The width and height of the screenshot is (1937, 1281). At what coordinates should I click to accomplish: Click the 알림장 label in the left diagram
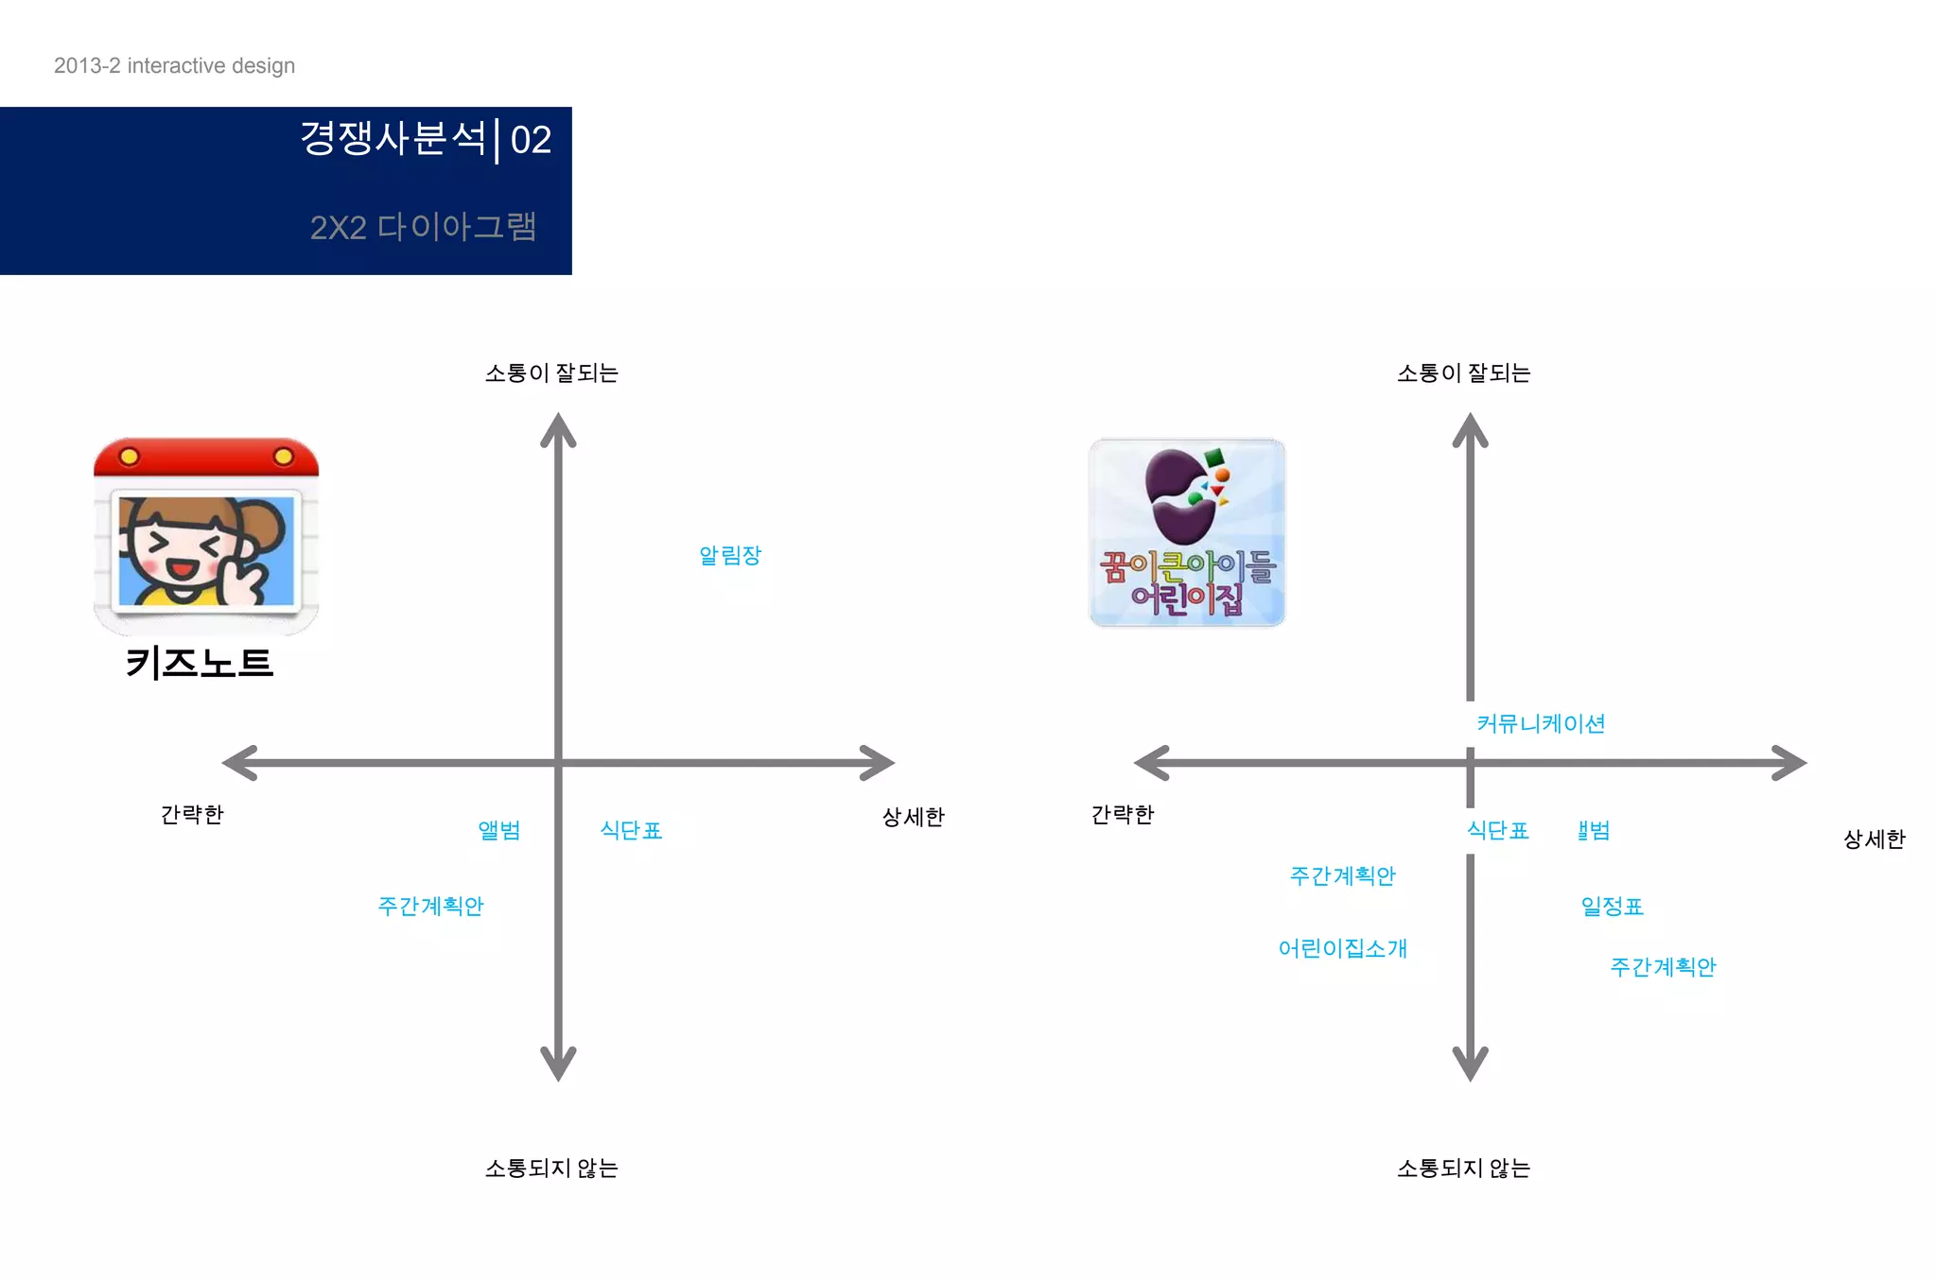pyautogui.click(x=729, y=555)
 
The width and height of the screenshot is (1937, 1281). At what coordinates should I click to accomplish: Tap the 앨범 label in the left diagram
pyautogui.click(x=499, y=830)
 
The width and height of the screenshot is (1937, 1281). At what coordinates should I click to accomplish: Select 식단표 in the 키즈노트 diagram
pyautogui.click(x=631, y=830)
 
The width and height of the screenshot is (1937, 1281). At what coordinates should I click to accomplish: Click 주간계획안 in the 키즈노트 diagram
pyautogui.click(x=430, y=906)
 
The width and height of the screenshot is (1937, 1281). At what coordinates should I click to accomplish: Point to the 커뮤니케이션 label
pyautogui.click(x=1541, y=724)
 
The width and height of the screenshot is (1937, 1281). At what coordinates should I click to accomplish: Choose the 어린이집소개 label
pyautogui.click(x=1342, y=948)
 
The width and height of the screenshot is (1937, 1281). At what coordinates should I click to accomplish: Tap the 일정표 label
pyautogui.click(x=1612, y=907)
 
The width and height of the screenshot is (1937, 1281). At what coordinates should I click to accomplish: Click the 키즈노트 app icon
pyautogui.click(x=206, y=535)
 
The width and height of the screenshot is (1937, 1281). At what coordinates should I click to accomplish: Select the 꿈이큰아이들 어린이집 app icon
pyautogui.click(x=1187, y=532)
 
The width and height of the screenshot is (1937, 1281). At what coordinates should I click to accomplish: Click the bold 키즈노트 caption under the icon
pyautogui.click(x=200, y=663)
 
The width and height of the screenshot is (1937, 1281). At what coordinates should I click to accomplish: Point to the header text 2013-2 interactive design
pyautogui.click(x=174, y=65)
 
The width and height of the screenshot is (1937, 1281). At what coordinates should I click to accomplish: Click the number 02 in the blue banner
pyautogui.click(x=531, y=140)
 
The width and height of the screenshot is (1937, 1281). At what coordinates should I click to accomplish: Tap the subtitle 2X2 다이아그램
pyautogui.click(x=423, y=227)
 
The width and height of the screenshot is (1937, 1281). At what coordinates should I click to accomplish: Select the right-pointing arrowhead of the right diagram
pyautogui.click(x=1790, y=763)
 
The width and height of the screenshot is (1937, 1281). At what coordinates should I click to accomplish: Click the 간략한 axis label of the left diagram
pyautogui.click(x=192, y=814)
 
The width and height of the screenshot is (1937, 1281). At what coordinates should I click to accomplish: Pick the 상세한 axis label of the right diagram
pyautogui.click(x=1874, y=839)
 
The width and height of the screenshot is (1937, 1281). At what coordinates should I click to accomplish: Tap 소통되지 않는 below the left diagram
pyautogui.click(x=551, y=1168)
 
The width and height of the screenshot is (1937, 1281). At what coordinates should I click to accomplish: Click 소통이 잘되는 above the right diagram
pyautogui.click(x=1463, y=373)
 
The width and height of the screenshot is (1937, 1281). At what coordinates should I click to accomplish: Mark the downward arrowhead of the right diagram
pyautogui.click(x=1470, y=1065)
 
